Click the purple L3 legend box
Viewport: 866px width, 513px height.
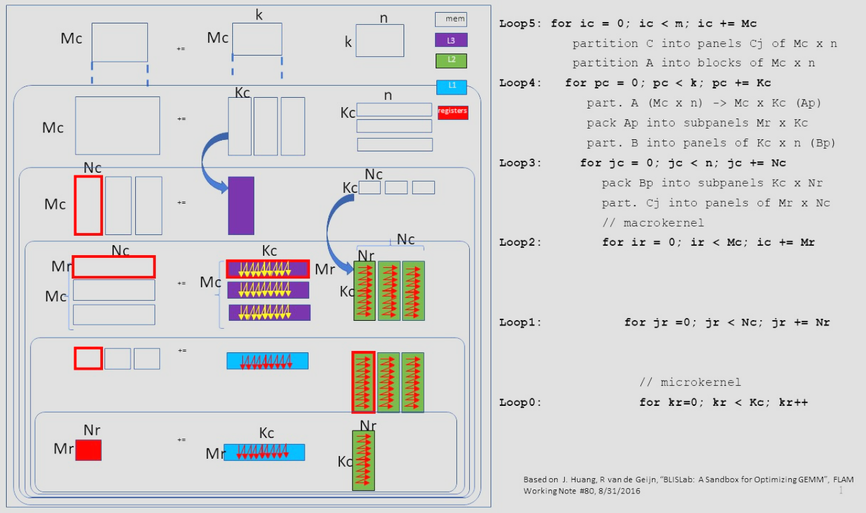(451, 40)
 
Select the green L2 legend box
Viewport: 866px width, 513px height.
(451, 61)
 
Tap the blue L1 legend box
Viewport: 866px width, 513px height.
(451, 86)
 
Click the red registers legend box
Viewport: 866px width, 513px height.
(452, 112)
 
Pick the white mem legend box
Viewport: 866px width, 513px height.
(451, 19)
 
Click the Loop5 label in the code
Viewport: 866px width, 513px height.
(521, 23)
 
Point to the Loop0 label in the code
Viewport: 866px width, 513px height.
(521, 402)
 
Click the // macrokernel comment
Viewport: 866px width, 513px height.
(653, 222)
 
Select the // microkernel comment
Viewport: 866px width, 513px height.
(690, 382)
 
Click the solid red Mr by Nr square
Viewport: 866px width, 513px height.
(88, 450)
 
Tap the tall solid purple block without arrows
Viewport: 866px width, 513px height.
(241, 206)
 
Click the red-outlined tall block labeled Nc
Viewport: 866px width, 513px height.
(88, 206)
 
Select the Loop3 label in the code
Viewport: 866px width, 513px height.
(521, 163)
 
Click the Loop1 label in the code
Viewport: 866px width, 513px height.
(521, 322)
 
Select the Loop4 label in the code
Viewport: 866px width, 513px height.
(521, 83)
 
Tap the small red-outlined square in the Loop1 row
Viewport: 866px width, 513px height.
(88, 358)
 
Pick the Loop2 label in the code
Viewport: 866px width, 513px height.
(521, 242)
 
